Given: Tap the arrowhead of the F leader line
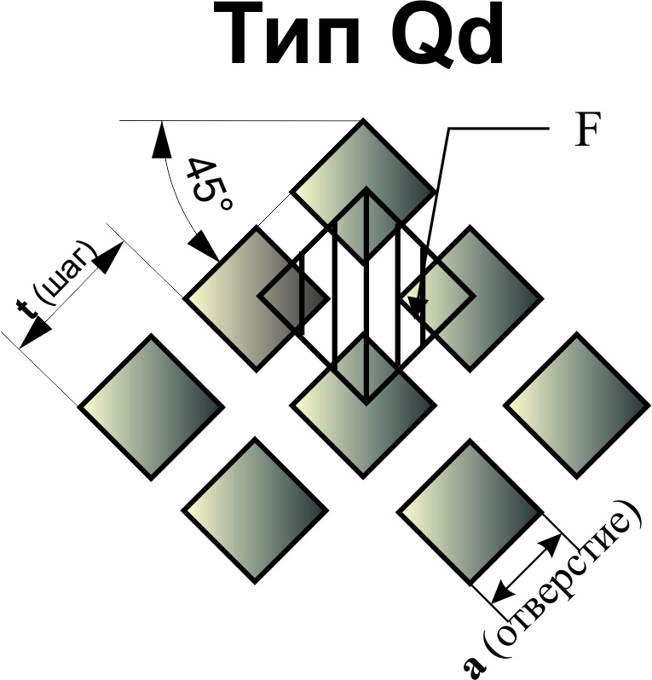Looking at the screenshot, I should click(418, 308).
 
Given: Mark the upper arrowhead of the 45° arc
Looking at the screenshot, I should click(159, 138).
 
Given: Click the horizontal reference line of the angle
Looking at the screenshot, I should click(239, 121).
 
